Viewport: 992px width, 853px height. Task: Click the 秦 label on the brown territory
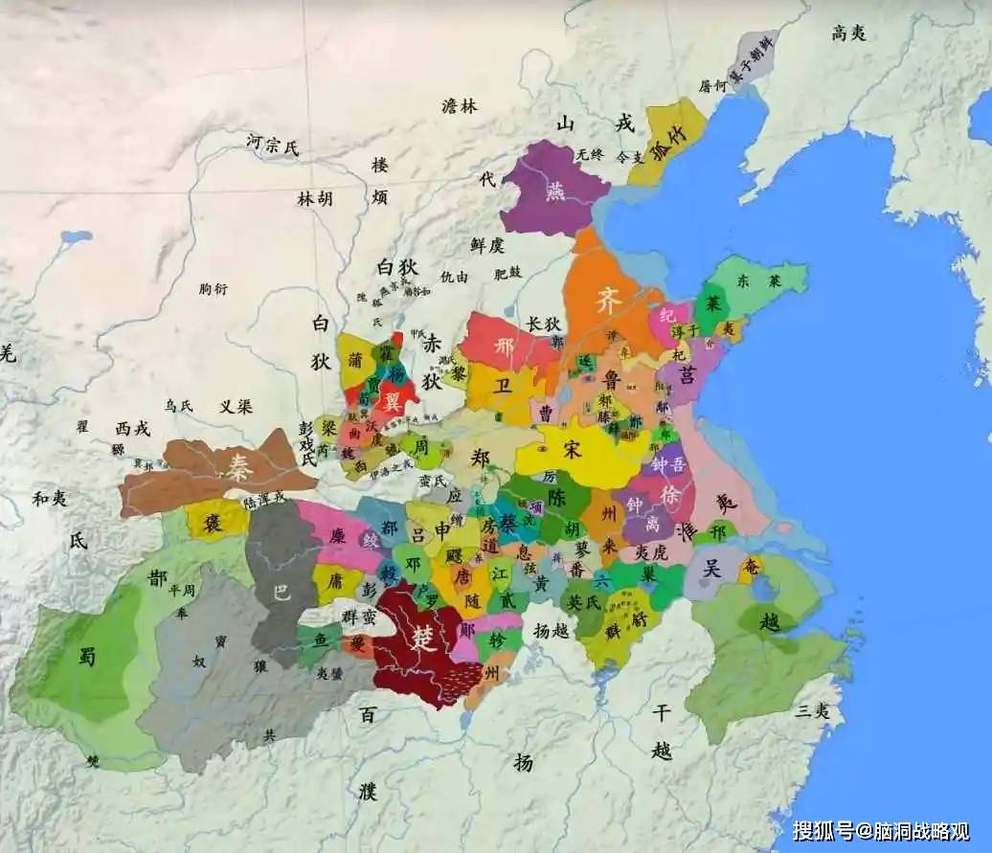click(235, 467)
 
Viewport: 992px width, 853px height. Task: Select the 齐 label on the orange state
click(609, 300)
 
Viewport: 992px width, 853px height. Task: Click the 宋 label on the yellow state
click(572, 450)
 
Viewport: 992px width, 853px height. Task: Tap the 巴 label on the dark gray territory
click(281, 593)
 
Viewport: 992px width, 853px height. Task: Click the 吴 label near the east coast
click(711, 568)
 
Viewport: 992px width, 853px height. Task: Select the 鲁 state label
click(613, 379)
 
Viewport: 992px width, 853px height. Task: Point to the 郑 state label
click(481, 458)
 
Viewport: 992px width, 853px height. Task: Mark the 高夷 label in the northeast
click(848, 34)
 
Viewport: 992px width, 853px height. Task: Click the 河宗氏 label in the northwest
click(272, 146)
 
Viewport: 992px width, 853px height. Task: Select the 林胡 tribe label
click(315, 199)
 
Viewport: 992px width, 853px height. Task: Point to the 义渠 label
click(236, 406)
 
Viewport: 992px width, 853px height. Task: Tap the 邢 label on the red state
click(505, 348)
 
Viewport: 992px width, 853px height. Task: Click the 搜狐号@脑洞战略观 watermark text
click(880, 830)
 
